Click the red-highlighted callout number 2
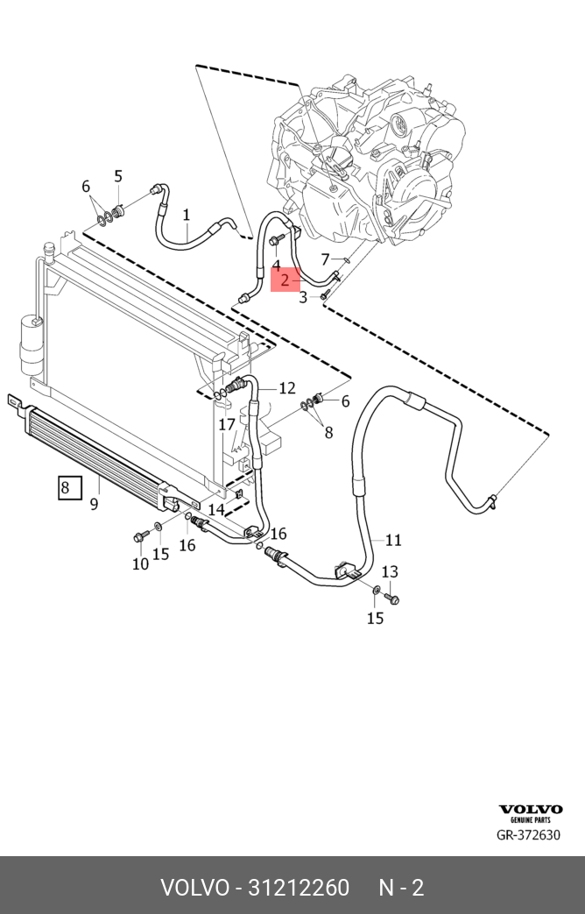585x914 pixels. (x=285, y=280)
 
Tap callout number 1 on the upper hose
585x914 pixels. (x=187, y=215)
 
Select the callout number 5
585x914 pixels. (x=118, y=176)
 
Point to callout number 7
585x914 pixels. (x=326, y=259)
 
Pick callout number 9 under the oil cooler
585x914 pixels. (x=95, y=504)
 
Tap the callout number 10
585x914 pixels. (x=140, y=563)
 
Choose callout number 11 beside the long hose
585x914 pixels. (x=394, y=541)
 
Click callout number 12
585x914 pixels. (x=287, y=388)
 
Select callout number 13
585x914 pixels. (x=390, y=572)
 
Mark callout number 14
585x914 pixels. (x=216, y=510)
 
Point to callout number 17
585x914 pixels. (x=227, y=425)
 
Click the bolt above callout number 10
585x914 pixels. (x=140, y=536)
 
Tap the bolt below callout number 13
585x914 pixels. (x=393, y=598)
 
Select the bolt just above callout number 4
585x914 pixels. (x=276, y=239)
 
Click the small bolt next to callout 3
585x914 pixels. (x=323, y=297)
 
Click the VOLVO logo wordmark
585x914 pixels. (x=530, y=809)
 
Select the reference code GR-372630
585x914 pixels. (x=528, y=835)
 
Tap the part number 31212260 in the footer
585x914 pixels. (x=299, y=888)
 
